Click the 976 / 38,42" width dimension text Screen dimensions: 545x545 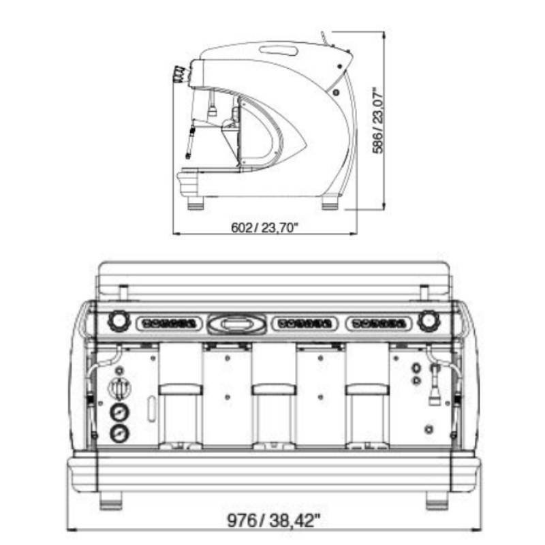tap(273, 520)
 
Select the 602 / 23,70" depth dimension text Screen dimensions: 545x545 tap(265, 228)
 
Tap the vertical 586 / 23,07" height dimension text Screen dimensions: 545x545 tap(378, 122)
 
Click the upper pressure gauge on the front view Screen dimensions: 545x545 tap(119, 413)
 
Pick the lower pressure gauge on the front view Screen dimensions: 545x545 tap(119, 433)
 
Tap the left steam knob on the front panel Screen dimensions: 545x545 tap(118, 321)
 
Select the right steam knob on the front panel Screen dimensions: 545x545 tap(429, 321)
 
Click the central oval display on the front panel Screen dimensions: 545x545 tap(237, 324)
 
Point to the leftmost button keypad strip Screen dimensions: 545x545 tap(169, 324)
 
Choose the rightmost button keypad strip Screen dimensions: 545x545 tap(379, 324)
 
